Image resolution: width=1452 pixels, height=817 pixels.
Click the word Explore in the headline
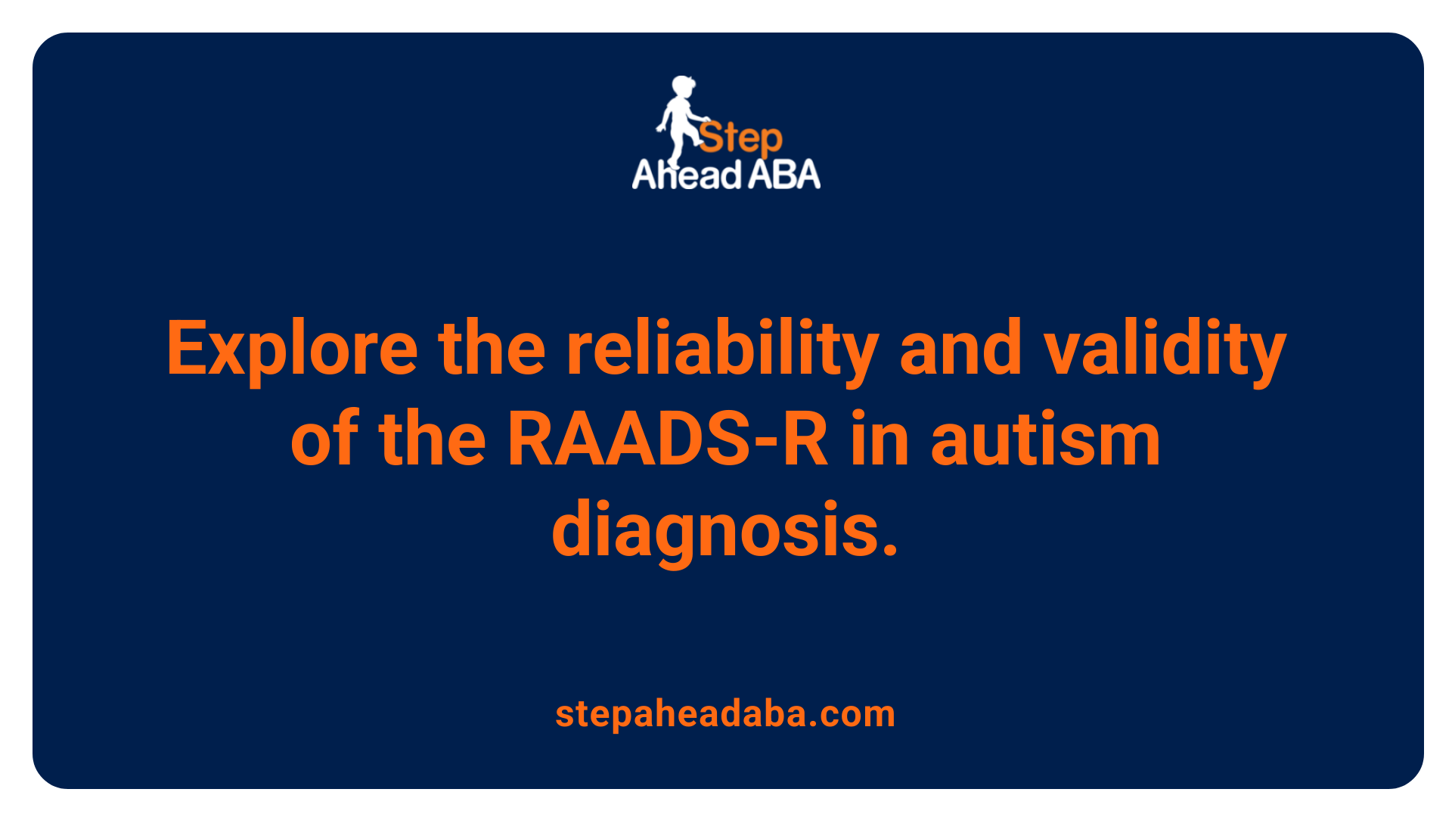[x=292, y=349]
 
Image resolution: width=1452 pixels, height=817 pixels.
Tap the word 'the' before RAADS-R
[x=433, y=440]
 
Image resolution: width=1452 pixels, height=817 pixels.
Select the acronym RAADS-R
[x=668, y=440]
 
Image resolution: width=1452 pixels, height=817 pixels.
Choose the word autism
[x=1046, y=440]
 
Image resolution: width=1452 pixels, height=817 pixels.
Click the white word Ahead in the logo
[x=687, y=175]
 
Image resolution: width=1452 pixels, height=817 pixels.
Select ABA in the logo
[x=784, y=175]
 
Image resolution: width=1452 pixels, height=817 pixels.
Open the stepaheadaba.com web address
[x=725, y=713]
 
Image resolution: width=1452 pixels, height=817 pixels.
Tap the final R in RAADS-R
[x=805, y=440]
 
